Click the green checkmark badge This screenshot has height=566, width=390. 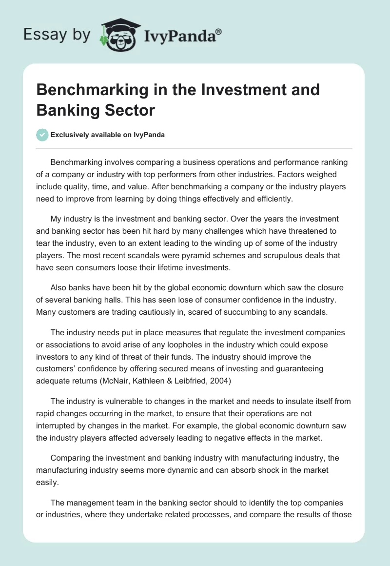pyautogui.click(x=42, y=135)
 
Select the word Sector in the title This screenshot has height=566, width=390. pyautogui.click(x=130, y=110)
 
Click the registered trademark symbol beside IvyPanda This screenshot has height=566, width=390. pyautogui.click(x=218, y=31)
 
